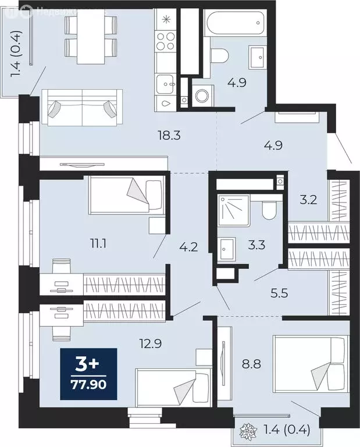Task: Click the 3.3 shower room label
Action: [x=256, y=245]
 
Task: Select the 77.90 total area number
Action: [x=88, y=385]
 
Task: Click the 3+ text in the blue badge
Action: [x=88, y=365]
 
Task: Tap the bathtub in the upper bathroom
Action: [x=234, y=24]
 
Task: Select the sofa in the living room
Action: [x=81, y=107]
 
